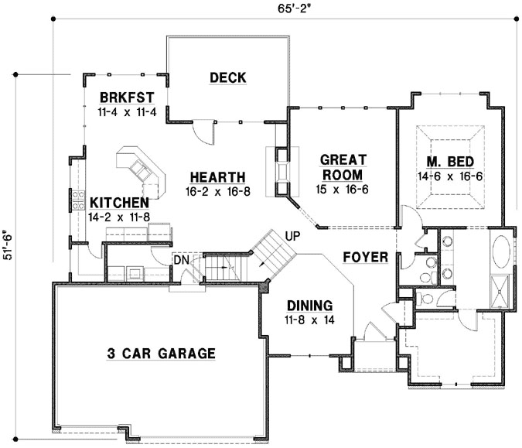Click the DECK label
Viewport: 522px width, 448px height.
pos(227,77)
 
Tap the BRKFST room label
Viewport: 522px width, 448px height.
pos(128,97)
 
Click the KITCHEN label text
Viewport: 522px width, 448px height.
pos(118,202)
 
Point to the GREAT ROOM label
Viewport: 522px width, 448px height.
pos(343,167)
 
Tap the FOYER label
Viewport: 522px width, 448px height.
pos(365,257)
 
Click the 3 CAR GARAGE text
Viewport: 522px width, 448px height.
pos(160,354)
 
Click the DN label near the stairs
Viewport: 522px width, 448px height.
pos(181,261)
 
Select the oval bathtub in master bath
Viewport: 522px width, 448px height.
pos(501,252)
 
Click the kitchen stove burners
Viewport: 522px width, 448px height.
pos(78,200)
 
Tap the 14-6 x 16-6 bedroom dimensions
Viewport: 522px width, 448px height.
pos(452,176)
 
